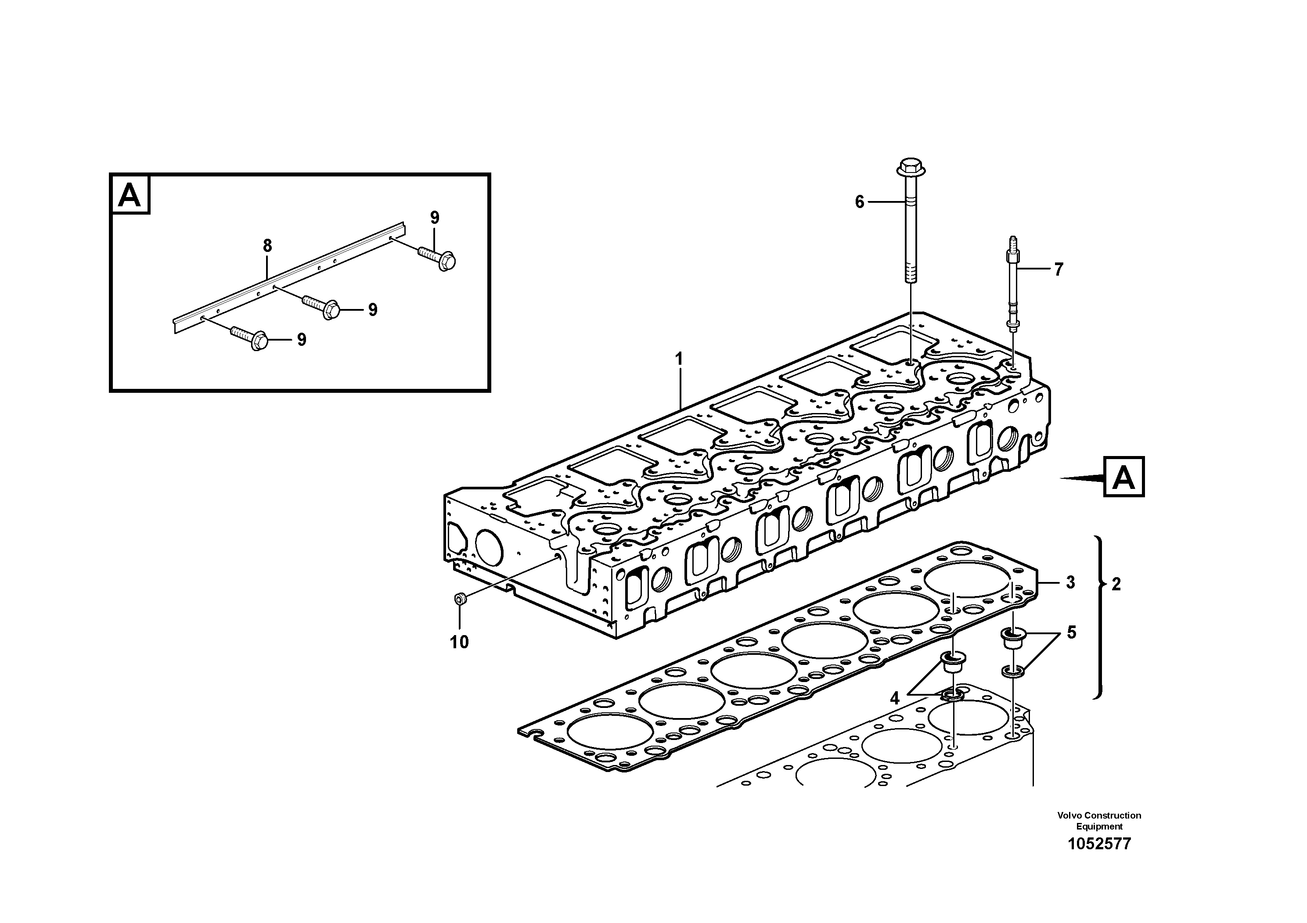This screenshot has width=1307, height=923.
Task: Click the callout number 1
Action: tap(679, 359)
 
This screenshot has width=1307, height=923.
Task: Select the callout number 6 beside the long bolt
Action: tap(860, 202)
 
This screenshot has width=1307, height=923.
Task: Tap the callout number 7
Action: tap(1058, 270)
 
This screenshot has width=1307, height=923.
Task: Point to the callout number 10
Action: tap(459, 643)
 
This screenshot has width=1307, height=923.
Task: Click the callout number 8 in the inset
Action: tap(267, 246)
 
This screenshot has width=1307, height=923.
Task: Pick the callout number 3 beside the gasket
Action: tap(1070, 583)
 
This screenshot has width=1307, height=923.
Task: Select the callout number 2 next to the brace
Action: tap(1116, 585)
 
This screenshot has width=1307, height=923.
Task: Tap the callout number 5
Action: tap(1071, 632)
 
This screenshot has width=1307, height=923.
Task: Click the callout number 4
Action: tap(894, 698)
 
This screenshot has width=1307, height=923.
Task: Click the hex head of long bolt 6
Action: tap(910, 168)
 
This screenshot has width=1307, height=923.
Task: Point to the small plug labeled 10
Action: tap(460, 599)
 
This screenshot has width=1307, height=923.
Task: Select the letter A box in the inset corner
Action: tap(130, 195)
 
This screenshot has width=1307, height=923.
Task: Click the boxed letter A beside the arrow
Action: tap(1123, 477)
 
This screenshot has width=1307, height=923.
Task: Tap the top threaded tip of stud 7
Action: tap(1013, 240)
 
